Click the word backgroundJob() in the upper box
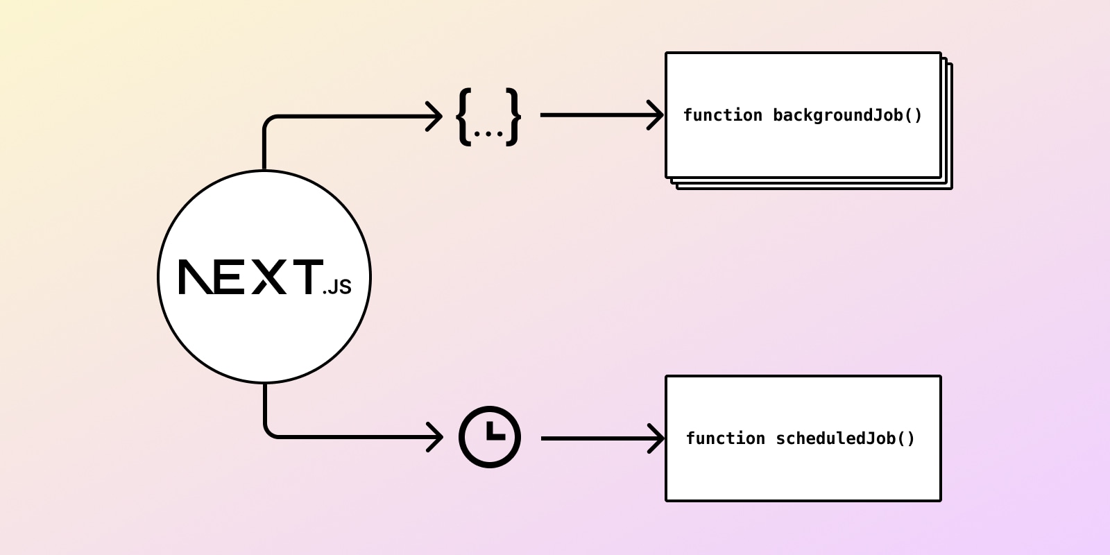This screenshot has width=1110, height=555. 847,115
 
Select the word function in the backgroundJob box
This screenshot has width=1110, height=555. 722,115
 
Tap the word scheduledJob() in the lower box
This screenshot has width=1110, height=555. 845,438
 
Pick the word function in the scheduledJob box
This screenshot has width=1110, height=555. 725,438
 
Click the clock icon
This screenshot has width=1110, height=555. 490,437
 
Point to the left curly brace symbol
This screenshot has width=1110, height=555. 464,116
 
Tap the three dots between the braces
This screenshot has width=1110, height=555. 488,133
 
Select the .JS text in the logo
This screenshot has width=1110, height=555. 337,287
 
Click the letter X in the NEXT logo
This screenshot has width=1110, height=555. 268,277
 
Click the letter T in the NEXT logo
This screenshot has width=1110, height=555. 305,277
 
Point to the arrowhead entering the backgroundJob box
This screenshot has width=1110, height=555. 656,115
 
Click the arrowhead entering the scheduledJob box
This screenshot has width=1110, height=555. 657,438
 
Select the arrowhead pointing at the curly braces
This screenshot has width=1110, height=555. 435,116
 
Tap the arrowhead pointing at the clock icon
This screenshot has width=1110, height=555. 436,437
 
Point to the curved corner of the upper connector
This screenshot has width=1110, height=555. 269,121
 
